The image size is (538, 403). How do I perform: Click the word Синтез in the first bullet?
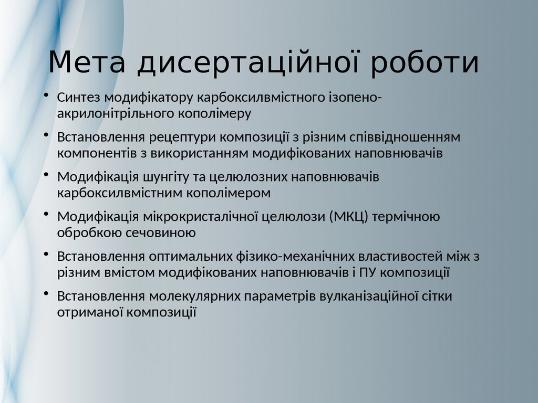79,98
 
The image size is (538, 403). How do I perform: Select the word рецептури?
182,137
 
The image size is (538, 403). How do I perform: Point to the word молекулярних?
194,297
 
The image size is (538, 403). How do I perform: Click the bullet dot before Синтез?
47,96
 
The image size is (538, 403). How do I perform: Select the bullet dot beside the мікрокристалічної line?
47,215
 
